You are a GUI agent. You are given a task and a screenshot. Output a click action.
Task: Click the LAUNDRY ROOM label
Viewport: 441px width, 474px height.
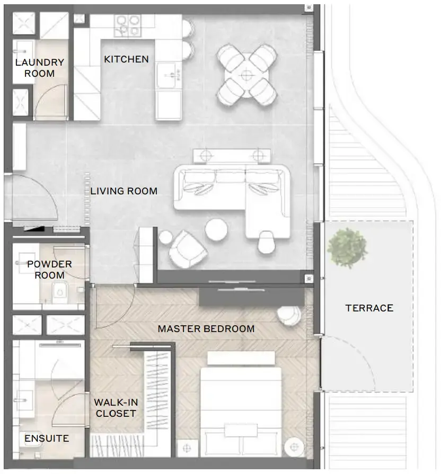[x=39, y=68]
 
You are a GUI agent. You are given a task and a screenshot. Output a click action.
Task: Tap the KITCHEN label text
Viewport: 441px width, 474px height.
[x=126, y=59]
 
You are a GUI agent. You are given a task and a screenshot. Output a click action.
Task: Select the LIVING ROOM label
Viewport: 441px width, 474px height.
[x=124, y=191]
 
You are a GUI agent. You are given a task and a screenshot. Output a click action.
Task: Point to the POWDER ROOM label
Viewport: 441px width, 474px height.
[x=49, y=270]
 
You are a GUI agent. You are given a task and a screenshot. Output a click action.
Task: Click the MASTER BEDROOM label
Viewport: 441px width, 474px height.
[x=206, y=329]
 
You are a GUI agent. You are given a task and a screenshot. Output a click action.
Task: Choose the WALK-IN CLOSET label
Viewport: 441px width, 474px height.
[x=116, y=408]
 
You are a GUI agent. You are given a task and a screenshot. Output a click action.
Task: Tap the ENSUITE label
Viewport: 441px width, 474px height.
[x=47, y=439]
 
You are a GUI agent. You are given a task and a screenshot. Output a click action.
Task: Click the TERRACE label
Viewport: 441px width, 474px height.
[x=369, y=308]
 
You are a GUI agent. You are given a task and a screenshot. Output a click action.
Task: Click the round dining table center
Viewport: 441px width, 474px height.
[x=246, y=75]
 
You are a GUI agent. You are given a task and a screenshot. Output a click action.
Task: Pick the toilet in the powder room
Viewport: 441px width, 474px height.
[x=59, y=290]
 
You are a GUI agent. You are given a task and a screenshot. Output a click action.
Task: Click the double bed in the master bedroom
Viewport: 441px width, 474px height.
[x=241, y=408]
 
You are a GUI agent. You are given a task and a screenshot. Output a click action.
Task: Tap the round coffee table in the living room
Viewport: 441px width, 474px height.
[x=216, y=230]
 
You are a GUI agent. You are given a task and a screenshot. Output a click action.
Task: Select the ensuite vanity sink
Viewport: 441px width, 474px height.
[x=23, y=397]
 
